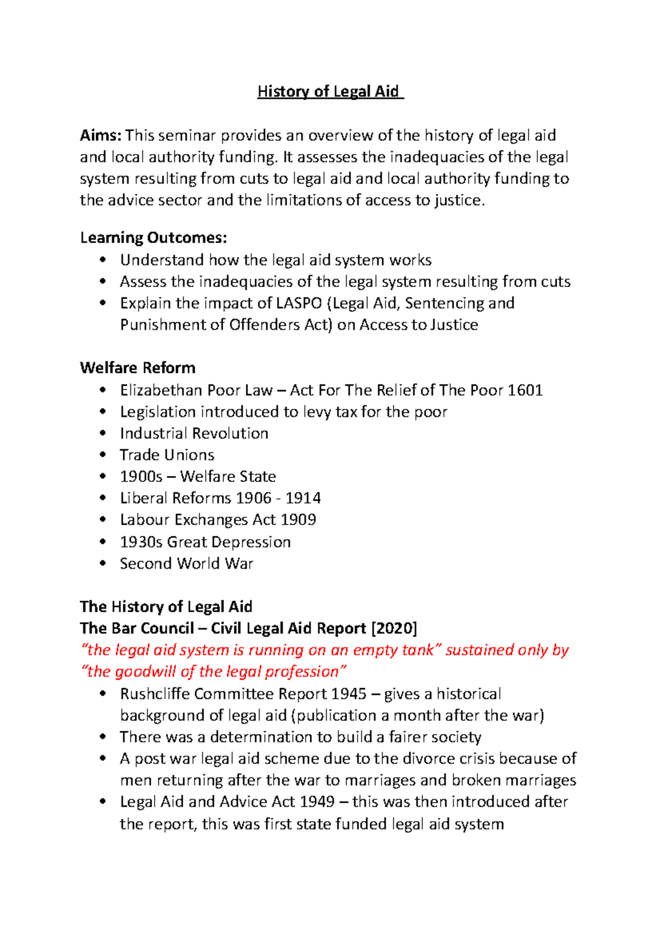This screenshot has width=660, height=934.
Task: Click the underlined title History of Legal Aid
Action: (x=330, y=91)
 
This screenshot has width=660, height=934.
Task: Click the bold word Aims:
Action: (x=101, y=135)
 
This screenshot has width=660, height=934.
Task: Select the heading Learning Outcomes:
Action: (x=153, y=238)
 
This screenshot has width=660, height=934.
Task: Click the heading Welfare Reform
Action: (x=137, y=367)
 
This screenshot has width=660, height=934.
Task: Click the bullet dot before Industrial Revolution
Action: (x=102, y=433)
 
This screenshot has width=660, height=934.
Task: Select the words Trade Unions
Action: (x=167, y=455)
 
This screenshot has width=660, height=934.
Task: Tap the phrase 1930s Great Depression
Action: (x=205, y=542)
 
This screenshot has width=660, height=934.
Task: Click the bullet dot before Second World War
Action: (x=102, y=563)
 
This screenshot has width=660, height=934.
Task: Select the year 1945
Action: (x=350, y=694)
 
